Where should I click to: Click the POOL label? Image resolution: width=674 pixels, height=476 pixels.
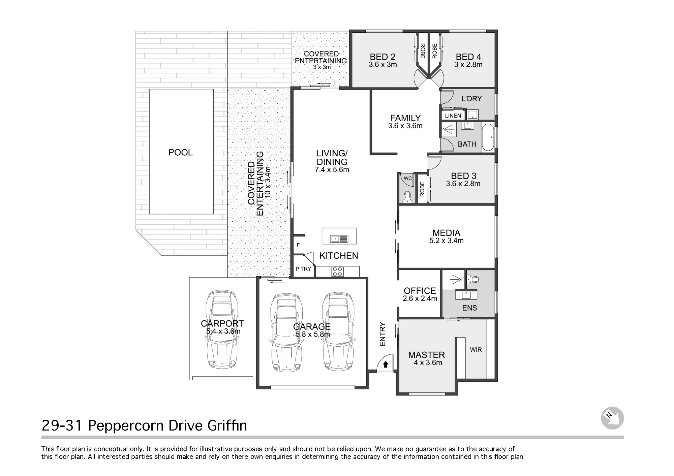click(x=181, y=153)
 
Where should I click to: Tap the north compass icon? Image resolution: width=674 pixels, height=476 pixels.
click(x=612, y=418)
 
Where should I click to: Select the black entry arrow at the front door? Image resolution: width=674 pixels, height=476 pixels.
click(x=386, y=364)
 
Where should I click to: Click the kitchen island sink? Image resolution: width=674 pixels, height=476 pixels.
click(x=339, y=239)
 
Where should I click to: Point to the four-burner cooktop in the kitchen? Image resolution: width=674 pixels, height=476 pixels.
click(x=337, y=272)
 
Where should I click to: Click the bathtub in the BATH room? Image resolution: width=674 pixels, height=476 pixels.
click(x=488, y=137)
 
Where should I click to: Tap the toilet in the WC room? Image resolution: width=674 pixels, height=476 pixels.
click(x=407, y=197)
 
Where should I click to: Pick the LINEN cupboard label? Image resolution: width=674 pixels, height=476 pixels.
click(x=453, y=116)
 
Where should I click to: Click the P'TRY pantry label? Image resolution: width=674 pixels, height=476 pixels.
click(x=303, y=269)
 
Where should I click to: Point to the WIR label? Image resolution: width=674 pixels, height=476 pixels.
click(x=476, y=350)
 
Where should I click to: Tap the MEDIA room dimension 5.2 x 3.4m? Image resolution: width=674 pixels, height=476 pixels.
click(x=447, y=241)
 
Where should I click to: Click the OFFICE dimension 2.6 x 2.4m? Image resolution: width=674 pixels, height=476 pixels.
click(x=420, y=298)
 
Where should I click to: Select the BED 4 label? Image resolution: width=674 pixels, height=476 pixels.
click(x=468, y=57)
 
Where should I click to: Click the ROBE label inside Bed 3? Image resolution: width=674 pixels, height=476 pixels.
click(x=422, y=189)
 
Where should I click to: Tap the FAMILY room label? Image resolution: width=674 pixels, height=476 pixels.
click(x=405, y=118)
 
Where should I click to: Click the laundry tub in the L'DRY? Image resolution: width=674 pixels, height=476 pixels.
click(x=472, y=115)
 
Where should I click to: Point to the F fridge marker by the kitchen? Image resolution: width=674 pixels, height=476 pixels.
click(x=298, y=245)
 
